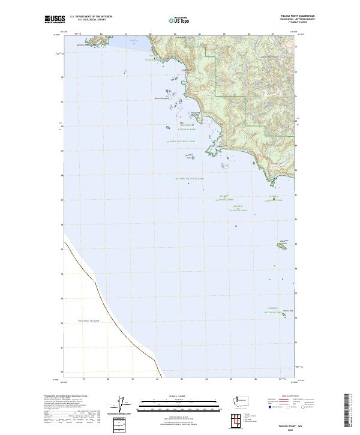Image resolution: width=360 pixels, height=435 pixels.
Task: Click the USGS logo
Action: [x=55, y=19]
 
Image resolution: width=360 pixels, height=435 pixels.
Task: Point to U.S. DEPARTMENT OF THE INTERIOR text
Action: [x=91, y=16]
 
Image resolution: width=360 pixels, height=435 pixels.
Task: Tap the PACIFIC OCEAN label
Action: [x=88, y=321]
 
